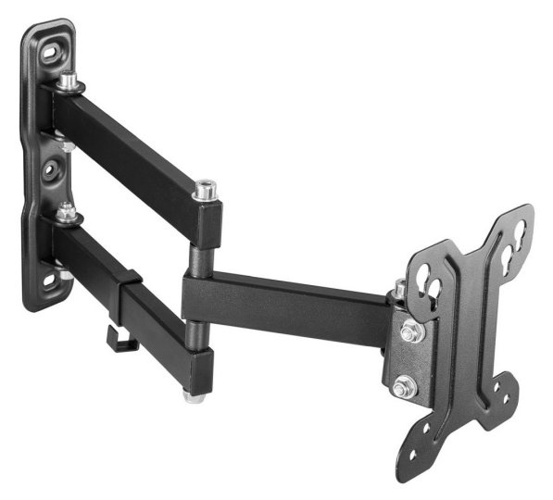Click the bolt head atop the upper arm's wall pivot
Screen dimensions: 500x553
pyautogui.click(x=68, y=81)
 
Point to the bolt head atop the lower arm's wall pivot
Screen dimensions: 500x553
pyautogui.click(x=66, y=211)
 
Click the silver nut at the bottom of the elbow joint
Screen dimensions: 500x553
pyautogui.click(x=194, y=395)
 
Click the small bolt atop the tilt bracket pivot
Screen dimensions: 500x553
pyautogui.click(x=399, y=290)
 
